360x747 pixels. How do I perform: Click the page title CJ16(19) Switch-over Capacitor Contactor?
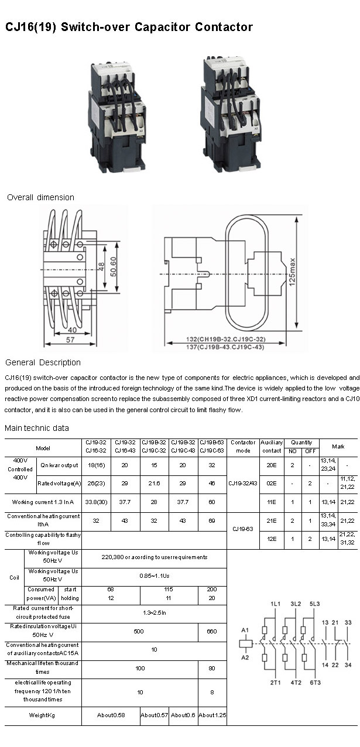tap(129, 28)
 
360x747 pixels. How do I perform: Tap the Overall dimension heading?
tap(40, 197)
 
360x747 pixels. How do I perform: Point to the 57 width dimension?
tap(70, 340)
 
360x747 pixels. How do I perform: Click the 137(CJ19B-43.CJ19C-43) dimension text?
tap(217, 347)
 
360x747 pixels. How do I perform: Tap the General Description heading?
tap(43, 362)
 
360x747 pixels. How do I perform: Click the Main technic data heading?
tap(37, 428)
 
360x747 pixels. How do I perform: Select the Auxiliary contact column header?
tap(272, 447)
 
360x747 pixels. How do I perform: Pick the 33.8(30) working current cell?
tap(96, 502)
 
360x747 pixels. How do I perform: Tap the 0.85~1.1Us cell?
tap(154, 575)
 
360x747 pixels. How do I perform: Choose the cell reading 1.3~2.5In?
tap(154, 612)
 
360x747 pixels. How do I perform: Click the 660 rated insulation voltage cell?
tap(212, 631)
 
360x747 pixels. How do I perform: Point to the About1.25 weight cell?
tap(212, 715)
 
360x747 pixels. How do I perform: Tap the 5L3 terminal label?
tap(315, 604)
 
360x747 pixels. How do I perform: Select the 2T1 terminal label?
tap(277, 683)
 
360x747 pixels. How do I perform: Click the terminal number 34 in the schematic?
tap(348, 665)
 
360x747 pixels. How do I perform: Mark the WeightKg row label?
tap(43, 715)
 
